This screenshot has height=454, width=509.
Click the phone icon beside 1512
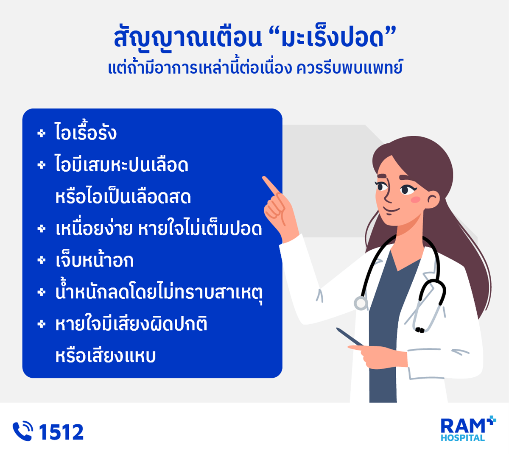22,431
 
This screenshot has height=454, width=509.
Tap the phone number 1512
61,432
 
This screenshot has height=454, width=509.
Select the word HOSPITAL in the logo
462,438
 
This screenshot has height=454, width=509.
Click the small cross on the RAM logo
491,421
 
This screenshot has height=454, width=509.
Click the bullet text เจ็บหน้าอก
95,260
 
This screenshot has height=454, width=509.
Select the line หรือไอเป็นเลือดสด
123,196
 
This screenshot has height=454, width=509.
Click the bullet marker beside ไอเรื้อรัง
42,134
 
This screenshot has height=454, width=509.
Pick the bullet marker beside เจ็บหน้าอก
42,260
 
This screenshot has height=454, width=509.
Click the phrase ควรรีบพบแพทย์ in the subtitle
350,67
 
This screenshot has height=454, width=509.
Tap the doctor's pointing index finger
271,185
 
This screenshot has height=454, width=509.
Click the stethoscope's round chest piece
361,303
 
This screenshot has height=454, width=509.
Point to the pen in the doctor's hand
350,337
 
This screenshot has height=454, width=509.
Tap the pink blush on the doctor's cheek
415,200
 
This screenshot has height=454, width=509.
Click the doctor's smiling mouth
391,210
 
